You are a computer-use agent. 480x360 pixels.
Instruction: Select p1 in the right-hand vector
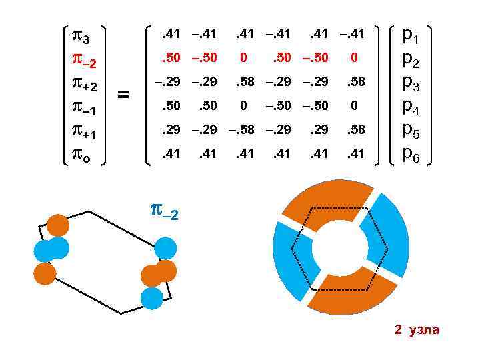pyautogui.click(x=410, y=37)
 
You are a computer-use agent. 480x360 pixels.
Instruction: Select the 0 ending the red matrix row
pyautogui.click(x=355, y=59)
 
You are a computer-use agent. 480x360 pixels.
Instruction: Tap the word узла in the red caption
pyautogui.click(x=423, y=330)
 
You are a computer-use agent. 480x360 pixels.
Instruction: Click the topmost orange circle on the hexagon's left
pyautogui.click(x=58, y=225)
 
